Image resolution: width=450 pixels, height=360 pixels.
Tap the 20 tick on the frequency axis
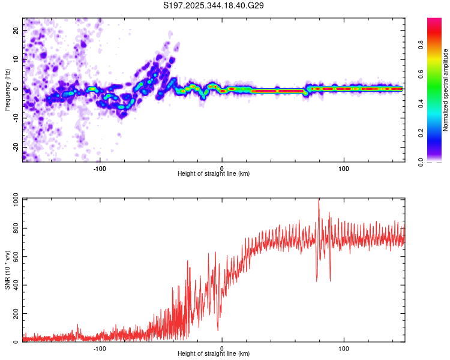[x=16, y=30]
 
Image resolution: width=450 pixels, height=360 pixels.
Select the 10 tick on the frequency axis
[x=16, y=59]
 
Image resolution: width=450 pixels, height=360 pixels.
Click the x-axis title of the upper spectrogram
[x=214, y=173]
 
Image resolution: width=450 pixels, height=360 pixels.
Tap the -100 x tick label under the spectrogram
[x=100, y=167]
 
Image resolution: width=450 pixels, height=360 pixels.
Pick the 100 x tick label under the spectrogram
[x=344, y=167]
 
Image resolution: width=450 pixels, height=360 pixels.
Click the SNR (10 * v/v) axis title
[x=7, y=270]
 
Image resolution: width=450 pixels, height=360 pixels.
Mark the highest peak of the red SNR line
[x=319, y=200]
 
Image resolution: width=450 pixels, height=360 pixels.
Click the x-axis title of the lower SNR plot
[x=214, y=354]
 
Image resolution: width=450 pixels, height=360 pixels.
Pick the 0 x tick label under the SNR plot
[x=222, y=348]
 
